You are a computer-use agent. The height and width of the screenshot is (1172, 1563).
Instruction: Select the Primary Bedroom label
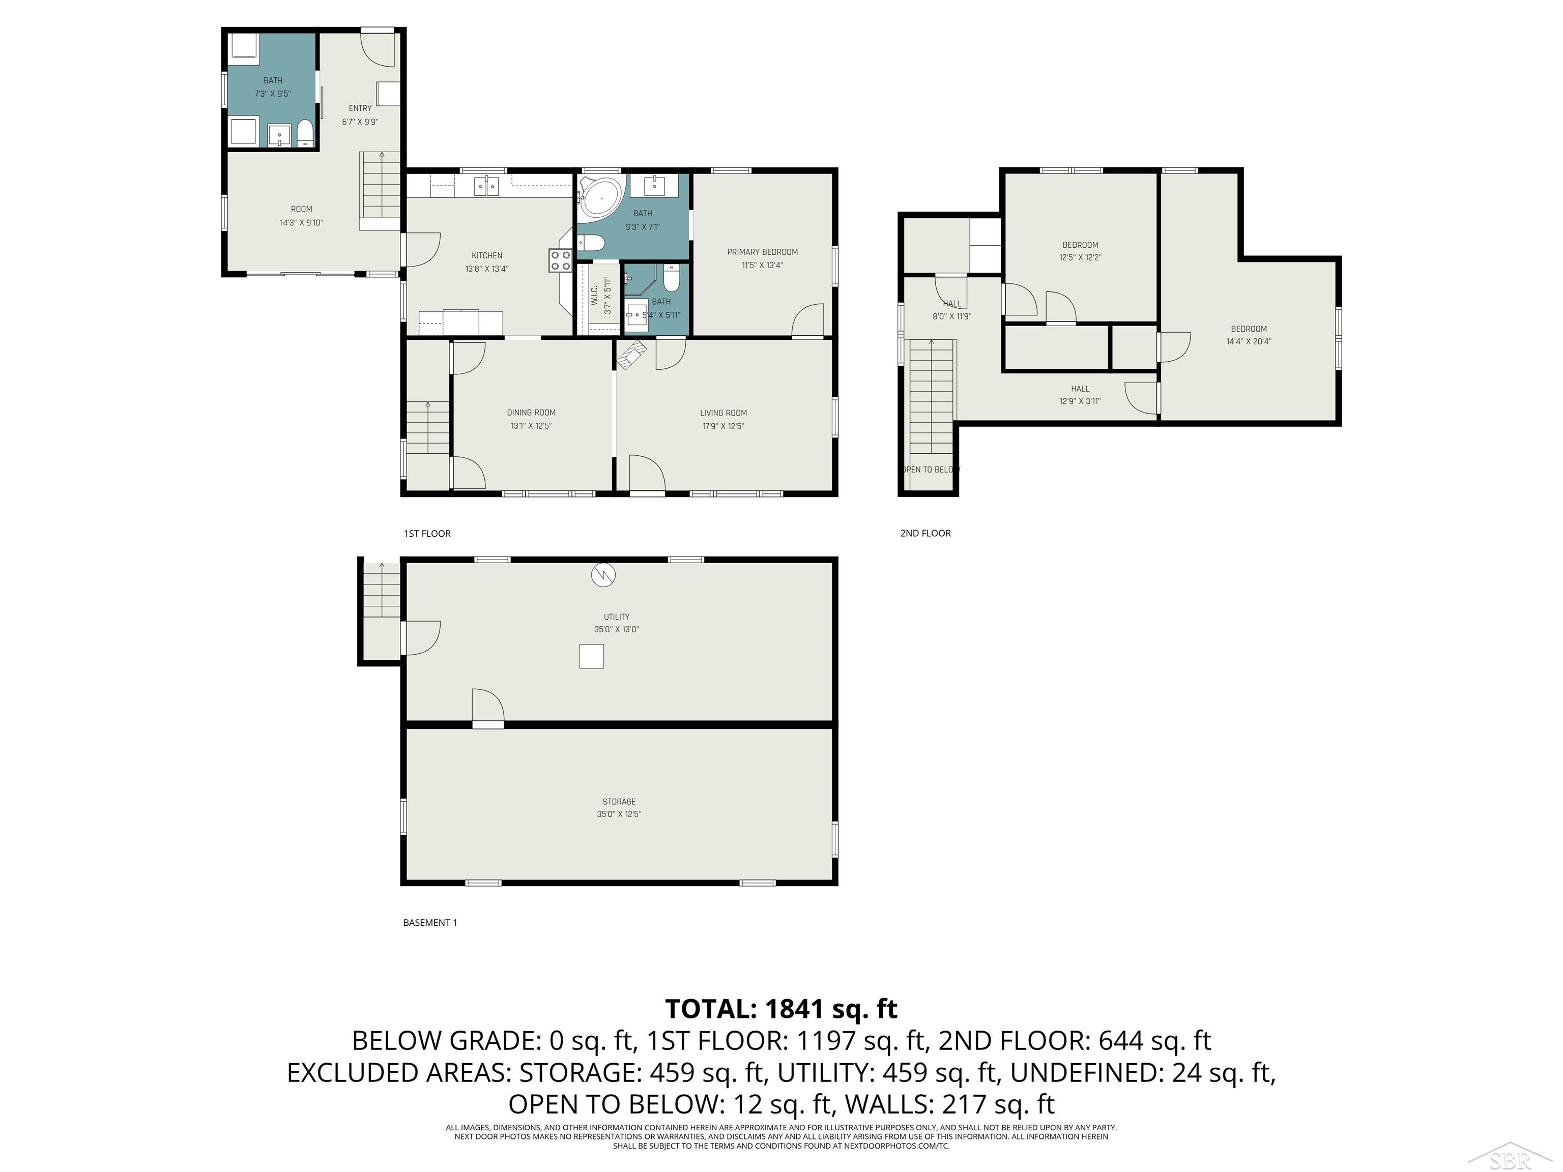pos(763,252)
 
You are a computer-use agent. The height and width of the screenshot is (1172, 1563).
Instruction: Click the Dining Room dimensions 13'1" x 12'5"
pos(531,426)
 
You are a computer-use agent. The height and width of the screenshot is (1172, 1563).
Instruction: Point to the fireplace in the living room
pos(632,354)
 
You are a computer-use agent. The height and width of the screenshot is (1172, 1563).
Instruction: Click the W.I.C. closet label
pos(595,296)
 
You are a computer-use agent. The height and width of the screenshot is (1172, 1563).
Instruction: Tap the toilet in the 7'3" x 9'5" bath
pos(305,133)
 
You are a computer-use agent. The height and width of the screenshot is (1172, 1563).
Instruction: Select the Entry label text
pos(360,108)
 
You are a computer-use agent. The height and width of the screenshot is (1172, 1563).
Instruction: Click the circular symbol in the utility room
pos(603,575)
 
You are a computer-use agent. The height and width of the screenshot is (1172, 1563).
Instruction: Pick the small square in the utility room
pos(591,656)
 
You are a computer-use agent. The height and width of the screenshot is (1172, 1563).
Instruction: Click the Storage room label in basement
pos(619,802)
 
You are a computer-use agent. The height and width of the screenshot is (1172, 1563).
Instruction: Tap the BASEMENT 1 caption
pos(429,923)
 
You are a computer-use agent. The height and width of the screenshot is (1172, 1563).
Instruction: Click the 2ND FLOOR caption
pos(925,534)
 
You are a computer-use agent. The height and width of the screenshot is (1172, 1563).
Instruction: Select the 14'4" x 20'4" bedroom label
pos(1249,335)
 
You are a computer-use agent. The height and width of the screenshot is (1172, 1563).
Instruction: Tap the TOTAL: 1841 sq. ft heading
pos(781,1009)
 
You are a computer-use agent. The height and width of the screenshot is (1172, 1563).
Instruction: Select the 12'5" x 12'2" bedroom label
pos(1080,251)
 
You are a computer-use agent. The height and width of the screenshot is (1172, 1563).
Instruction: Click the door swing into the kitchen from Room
pos(422,251)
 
